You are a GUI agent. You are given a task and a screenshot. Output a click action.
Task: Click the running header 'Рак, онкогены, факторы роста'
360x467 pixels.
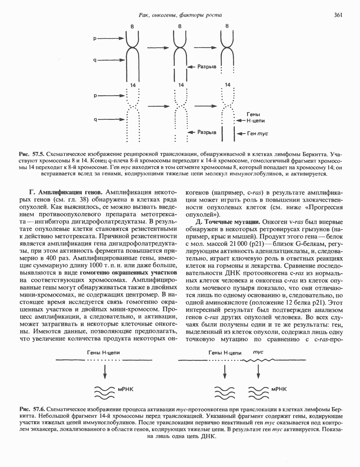pyautogui.click(x=180, y=15)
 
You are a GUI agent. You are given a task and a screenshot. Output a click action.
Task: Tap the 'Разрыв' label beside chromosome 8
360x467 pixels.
pyautogui.click(x=207, y=67)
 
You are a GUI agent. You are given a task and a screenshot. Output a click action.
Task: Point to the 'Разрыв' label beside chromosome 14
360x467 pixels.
pyautogui.click(x=207, y=132)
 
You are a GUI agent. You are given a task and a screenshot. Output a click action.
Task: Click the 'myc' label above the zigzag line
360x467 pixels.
pyautogui.click(x=258, y=352)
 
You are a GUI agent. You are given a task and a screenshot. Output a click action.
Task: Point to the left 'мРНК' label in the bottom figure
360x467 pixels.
pyautogui.click(x=125, y=389)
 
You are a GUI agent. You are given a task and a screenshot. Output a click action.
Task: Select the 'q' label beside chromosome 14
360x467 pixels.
pyautogui.click(x=95, y=120)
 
